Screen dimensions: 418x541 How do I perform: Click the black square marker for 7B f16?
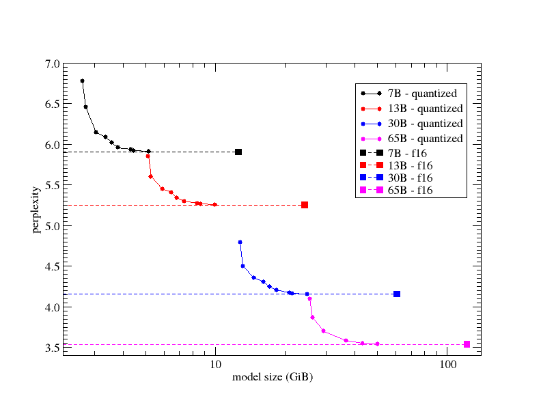(238, 152)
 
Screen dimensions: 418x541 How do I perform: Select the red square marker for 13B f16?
(305, 205)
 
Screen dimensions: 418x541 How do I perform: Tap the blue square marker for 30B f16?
(397, 294)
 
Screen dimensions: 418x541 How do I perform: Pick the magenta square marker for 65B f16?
(467, 344)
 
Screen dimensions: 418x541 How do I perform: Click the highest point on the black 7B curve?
(82, 81)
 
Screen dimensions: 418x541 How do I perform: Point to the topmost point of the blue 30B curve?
(240, 242)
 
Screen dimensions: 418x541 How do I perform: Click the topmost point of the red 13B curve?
(148, 156)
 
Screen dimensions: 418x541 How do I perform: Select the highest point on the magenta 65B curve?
(309, 298)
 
